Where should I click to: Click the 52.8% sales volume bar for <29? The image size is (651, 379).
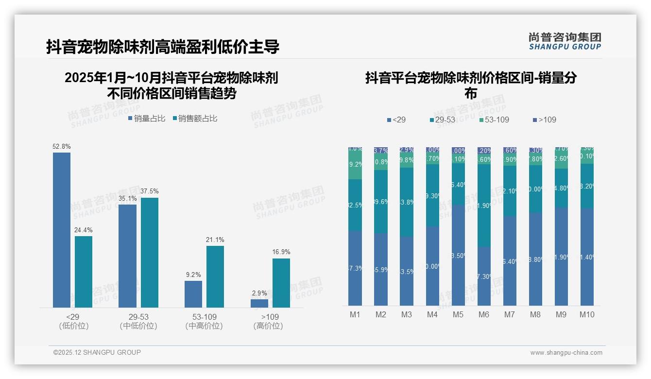click(x=62, y=230)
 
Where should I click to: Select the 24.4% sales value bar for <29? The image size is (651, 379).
click(x=84, y=272)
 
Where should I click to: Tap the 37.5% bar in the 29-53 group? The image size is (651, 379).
click(x=150, y=252)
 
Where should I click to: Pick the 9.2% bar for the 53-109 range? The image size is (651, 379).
click(x=193, y=294)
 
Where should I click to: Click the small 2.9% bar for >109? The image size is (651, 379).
click(x=259, y=303)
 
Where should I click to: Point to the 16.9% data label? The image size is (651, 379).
click(x=281, y=252)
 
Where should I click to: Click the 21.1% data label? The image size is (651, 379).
click(x=215, y=240)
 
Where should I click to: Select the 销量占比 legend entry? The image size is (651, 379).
click(x=146, y=119)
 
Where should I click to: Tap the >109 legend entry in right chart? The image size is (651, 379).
click(x=545, y=120)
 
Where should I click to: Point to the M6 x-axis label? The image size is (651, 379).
click(x=484, y=314)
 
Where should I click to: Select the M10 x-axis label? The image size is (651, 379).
click(x=587, y=314)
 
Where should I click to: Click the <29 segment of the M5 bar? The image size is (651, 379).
click(x=458, y=255)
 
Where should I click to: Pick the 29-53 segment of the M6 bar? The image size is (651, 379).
click(x=484, y=206)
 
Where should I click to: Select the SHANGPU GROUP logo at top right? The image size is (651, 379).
click(x=565, y=41)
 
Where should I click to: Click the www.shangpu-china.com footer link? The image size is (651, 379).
click(x=566, y=353)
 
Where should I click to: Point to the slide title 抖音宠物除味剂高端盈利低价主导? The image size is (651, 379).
click(x=163, y=47)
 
